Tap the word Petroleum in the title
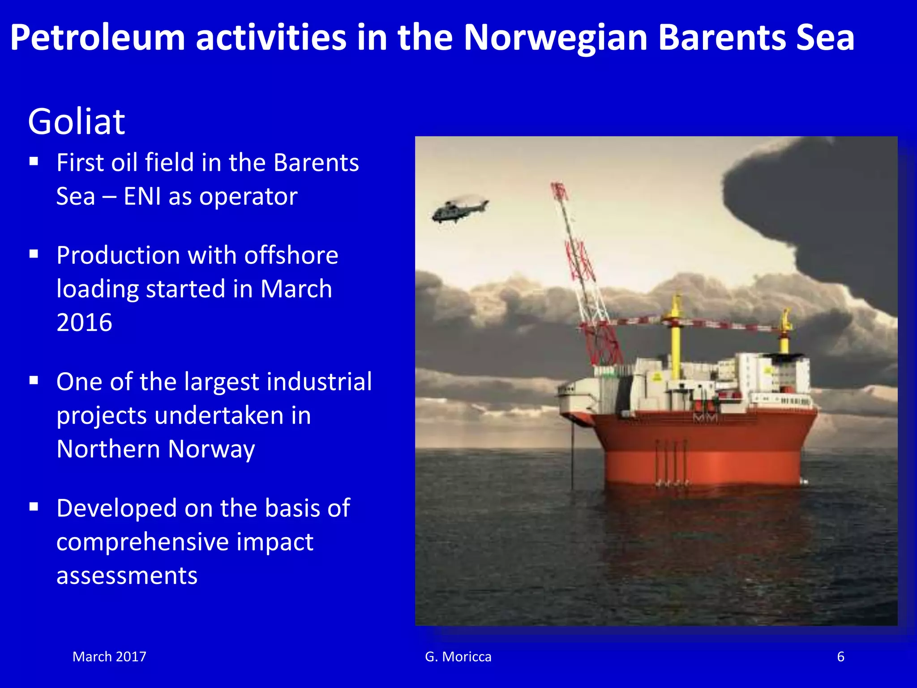[x=98, y=38]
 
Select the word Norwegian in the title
[x=555, y=38]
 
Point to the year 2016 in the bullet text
[x=84, y=322]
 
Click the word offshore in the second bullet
[x=291, y=255]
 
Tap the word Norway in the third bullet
[x=211, y=449]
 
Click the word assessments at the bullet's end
[x=127, y=576]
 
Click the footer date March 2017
[x=109, y=657]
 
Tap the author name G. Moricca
[x=458, y=657]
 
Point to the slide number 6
[x=840, y=657]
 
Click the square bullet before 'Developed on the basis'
[x=34, y=507]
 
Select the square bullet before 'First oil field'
[x=34, y=161]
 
